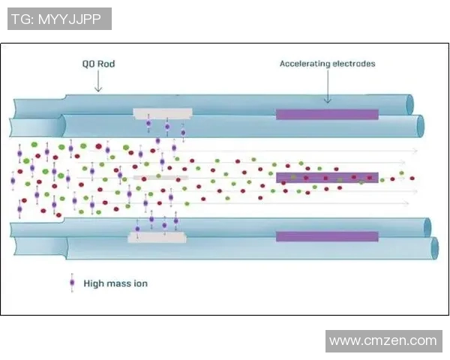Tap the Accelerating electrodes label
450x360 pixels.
click(x=327, y=64)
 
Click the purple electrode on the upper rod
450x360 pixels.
click(x=327, y=115)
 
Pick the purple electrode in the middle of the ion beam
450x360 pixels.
click(x=327, y=178)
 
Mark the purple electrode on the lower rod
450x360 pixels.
click(x=327, y=236)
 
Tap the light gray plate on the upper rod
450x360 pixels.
click(x=163, y=113)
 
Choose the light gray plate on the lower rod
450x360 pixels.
click(x=157, y=238)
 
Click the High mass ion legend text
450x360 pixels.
click(x=115, y=283)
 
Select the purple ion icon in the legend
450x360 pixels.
click(x=72, y=283)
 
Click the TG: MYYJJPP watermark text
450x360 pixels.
click(x=58, y=19)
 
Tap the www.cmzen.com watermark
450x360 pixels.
click(x=383, y=341)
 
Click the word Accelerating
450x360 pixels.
click(x=304, y=64)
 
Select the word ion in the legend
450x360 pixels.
click(x=139, y=283)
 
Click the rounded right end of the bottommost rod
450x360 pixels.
click(x=433, y=248)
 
